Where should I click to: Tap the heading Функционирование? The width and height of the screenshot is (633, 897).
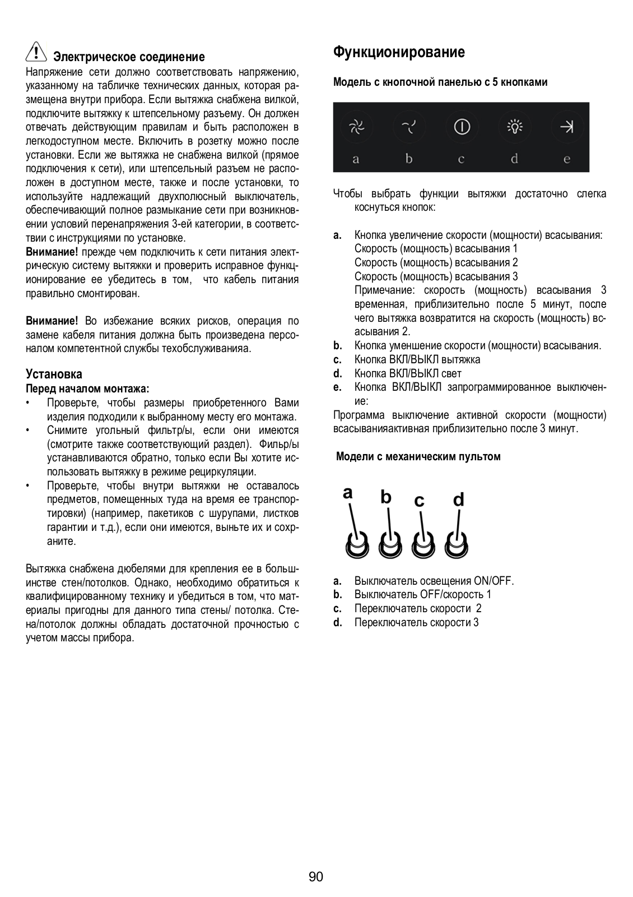click(399, 53)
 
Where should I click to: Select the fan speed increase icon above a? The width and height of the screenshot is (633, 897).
click(356, 127)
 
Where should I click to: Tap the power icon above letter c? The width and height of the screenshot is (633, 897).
click(462, 127)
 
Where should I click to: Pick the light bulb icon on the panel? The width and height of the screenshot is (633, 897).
click(514, 127)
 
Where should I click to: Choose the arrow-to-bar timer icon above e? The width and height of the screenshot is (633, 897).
click(566, 127)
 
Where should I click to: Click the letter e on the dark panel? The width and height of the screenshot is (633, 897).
click(567, 159)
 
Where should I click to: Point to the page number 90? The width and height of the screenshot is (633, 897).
click(316, 877)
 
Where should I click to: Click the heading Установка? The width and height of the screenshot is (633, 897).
click(54, 374)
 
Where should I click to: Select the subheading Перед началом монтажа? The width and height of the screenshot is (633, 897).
click(87, 389)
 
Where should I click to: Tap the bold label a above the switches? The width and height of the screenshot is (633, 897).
click(348, 493)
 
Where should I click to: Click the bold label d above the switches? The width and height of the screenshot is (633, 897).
click(458, 498)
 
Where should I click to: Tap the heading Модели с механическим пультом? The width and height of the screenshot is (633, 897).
click(418, 456)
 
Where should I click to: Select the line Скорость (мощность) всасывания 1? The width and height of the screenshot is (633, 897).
click(436, 248)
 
